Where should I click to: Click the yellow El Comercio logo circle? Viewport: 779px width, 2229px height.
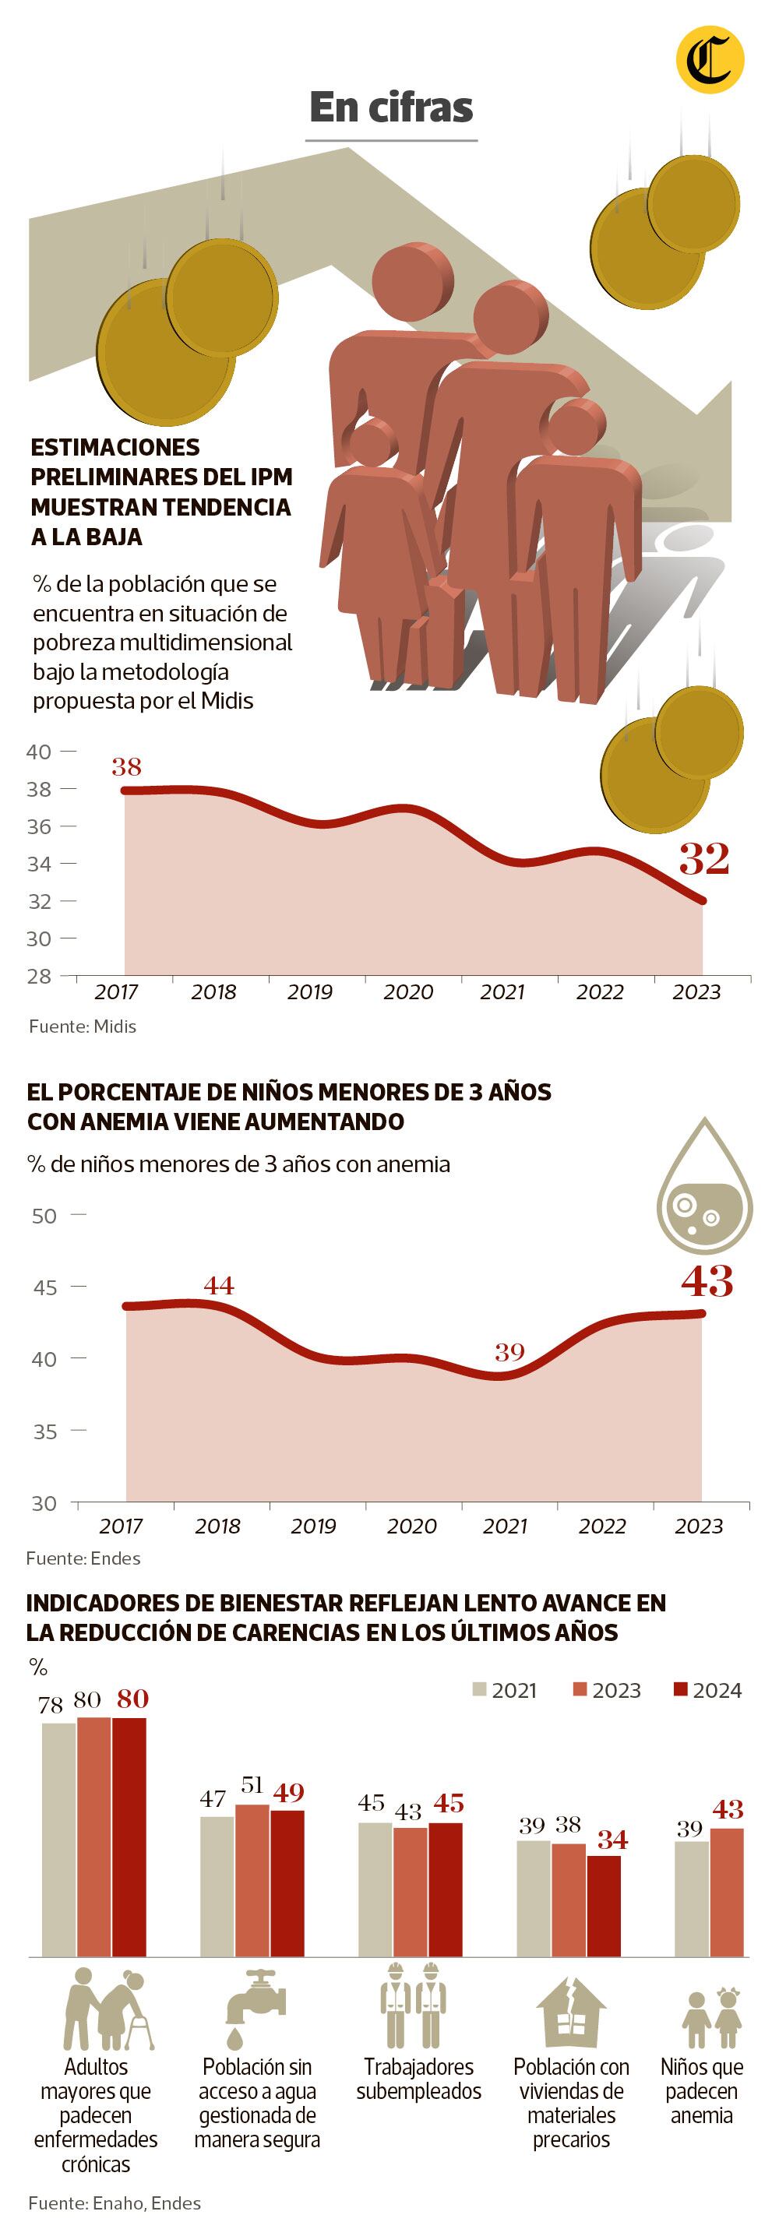[x=709, y=60]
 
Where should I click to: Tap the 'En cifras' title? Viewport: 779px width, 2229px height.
[x=391, y=108]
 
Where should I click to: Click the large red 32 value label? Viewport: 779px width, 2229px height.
[x=703, y=858]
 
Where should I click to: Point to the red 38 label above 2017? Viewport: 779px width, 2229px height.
[x=126, y=766]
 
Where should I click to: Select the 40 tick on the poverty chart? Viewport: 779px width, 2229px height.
[x=39, y=751]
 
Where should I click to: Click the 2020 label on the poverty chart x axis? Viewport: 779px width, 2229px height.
[x=407, y=992]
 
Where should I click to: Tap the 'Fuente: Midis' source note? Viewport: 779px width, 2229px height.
[x=83, y=1027]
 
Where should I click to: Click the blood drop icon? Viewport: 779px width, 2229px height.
[x=703, y=1185]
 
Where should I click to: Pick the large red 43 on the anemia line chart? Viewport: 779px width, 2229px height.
[x=707, y=1281]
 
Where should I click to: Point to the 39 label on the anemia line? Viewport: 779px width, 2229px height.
[x=509, y=1351]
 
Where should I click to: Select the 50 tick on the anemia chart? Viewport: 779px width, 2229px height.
[x=44, y=1216]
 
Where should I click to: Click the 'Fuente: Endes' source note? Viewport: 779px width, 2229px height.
[x=83, y=1558]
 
